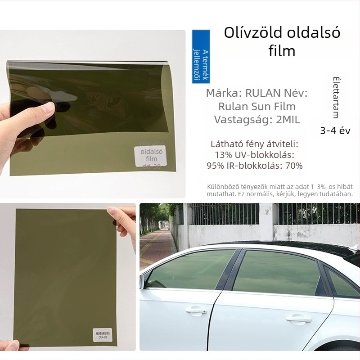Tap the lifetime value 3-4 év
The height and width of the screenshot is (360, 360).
pyautogui.click(x=335, y=130)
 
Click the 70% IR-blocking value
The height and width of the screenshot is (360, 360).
pyautogui.click(x=293, y=166)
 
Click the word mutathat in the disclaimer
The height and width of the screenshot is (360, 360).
pyautogui.click(x=220, y=194)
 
